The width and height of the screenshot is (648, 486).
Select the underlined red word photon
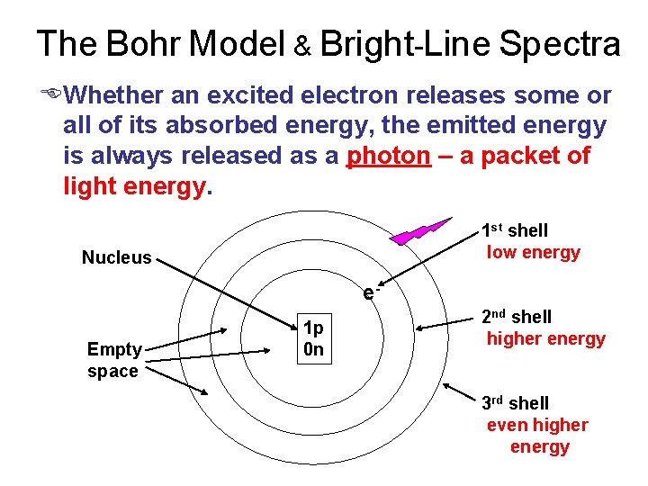coord(389,156)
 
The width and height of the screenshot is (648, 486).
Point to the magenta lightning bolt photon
coord(419,229)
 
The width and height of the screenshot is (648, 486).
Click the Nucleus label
coord(117,258)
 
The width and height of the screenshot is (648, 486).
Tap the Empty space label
coord(113,360)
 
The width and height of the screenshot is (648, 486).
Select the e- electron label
coord(369,292)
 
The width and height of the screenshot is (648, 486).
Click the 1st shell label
coord(514,230)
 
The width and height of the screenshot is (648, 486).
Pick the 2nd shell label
coord(516,317)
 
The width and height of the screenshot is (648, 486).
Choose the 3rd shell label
coord(514,403)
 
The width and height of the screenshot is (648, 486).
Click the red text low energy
coord(533,253)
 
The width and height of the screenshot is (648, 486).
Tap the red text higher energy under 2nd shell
coord(545,339)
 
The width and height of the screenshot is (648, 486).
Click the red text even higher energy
coord(537,436)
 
